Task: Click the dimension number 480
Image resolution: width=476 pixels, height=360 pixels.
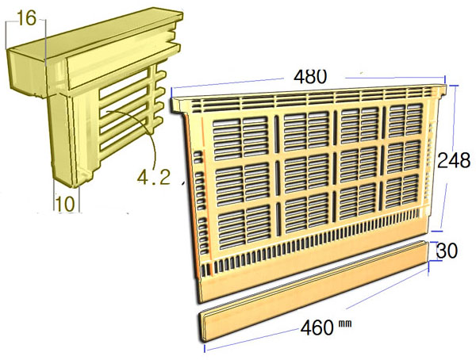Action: click(x=310, y=76)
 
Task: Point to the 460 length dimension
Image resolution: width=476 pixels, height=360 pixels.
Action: click(x=314, y=327)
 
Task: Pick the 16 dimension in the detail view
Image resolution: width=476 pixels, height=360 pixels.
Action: click(x=26, y=17)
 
